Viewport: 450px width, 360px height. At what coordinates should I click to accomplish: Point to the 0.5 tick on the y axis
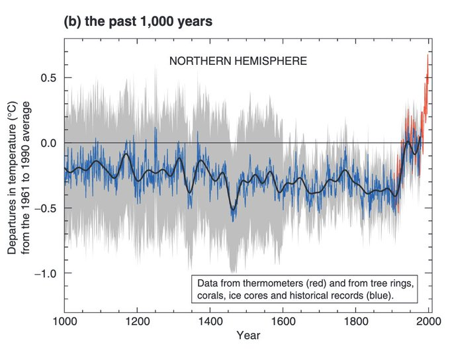48,78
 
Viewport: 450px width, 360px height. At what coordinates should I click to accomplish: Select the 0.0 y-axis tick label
48,143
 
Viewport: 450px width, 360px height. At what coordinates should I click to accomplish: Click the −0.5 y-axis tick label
45,208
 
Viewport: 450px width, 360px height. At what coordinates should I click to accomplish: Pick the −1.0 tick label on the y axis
45,273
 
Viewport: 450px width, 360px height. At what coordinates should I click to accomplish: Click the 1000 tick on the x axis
65,324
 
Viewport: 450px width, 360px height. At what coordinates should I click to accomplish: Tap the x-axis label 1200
138,324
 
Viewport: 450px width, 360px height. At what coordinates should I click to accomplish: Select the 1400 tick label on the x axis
210,324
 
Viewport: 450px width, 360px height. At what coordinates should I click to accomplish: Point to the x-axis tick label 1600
283,324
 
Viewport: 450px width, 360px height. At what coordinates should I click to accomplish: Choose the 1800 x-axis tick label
356,324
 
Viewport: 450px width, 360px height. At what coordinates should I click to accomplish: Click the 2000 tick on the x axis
429,324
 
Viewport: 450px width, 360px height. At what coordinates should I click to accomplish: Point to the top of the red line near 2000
428,56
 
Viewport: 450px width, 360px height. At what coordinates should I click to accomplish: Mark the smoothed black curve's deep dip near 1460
233,208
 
